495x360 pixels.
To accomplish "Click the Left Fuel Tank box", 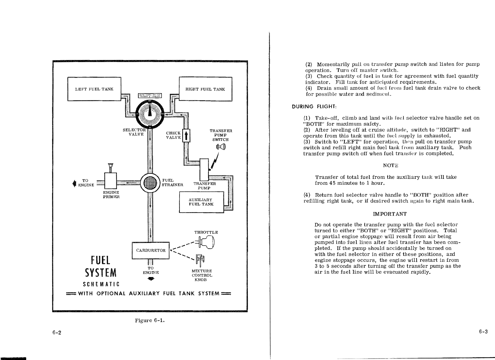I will click(94, 89).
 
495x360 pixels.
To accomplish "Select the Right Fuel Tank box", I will click(205, 89).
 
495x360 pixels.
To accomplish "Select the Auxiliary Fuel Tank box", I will click(201, 202).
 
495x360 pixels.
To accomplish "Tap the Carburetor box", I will click(151, 250).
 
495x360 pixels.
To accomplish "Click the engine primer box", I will click(111, 180).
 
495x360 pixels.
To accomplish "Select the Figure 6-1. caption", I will click(150, 320).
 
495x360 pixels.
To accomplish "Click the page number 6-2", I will click(57, 333).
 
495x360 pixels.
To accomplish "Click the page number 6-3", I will click(483, 332).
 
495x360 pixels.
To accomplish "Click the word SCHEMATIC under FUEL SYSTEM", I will click(101, 284).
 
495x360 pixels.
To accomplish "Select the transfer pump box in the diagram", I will click(204, 170).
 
